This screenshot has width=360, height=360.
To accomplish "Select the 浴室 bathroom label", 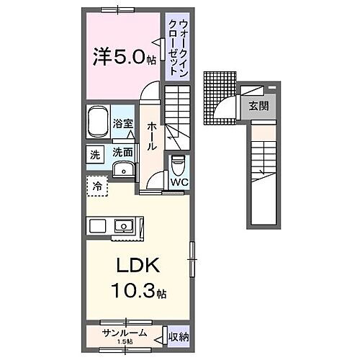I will coord(122,124).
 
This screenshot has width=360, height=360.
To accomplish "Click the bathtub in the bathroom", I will coord(97,122).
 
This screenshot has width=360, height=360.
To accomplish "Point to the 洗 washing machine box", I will coord(95,153).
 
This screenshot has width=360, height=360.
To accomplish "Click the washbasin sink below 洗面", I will coord(125,170).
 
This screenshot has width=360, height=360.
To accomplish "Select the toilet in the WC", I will coord(176,165).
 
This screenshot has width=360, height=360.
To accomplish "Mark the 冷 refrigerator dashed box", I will coord(96,186).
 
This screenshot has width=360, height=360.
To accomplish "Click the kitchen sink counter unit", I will coord(115,226).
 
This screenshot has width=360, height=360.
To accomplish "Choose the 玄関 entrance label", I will coord(258,106).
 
